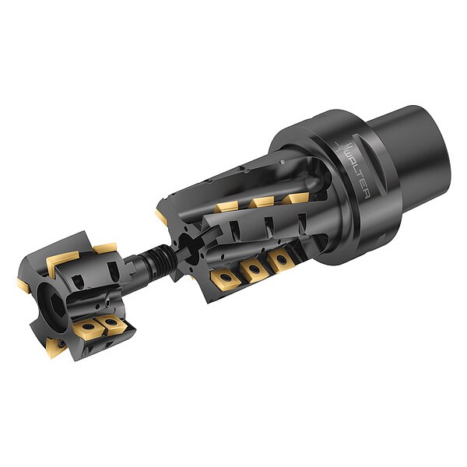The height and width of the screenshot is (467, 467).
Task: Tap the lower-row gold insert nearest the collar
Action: pyautogui.click(x=280, y=261)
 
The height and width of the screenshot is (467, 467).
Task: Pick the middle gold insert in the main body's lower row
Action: pyautogui.click(x=254, y=270)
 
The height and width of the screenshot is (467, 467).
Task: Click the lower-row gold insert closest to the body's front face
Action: pyautogui.click(x=225, y=278)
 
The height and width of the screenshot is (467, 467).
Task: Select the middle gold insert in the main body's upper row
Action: pyautogui.click(x=262, y=202)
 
